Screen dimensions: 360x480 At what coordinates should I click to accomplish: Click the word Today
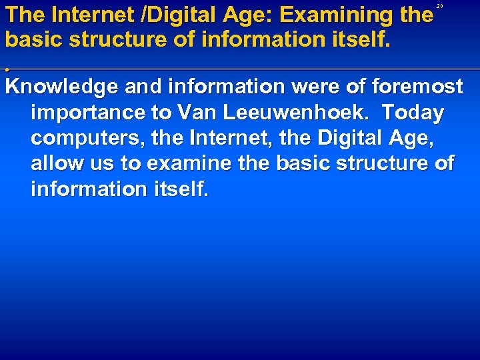pos(413,113)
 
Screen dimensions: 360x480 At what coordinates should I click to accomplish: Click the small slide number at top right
pos(440,6)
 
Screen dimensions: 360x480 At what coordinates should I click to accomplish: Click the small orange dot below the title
pos(7,68)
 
